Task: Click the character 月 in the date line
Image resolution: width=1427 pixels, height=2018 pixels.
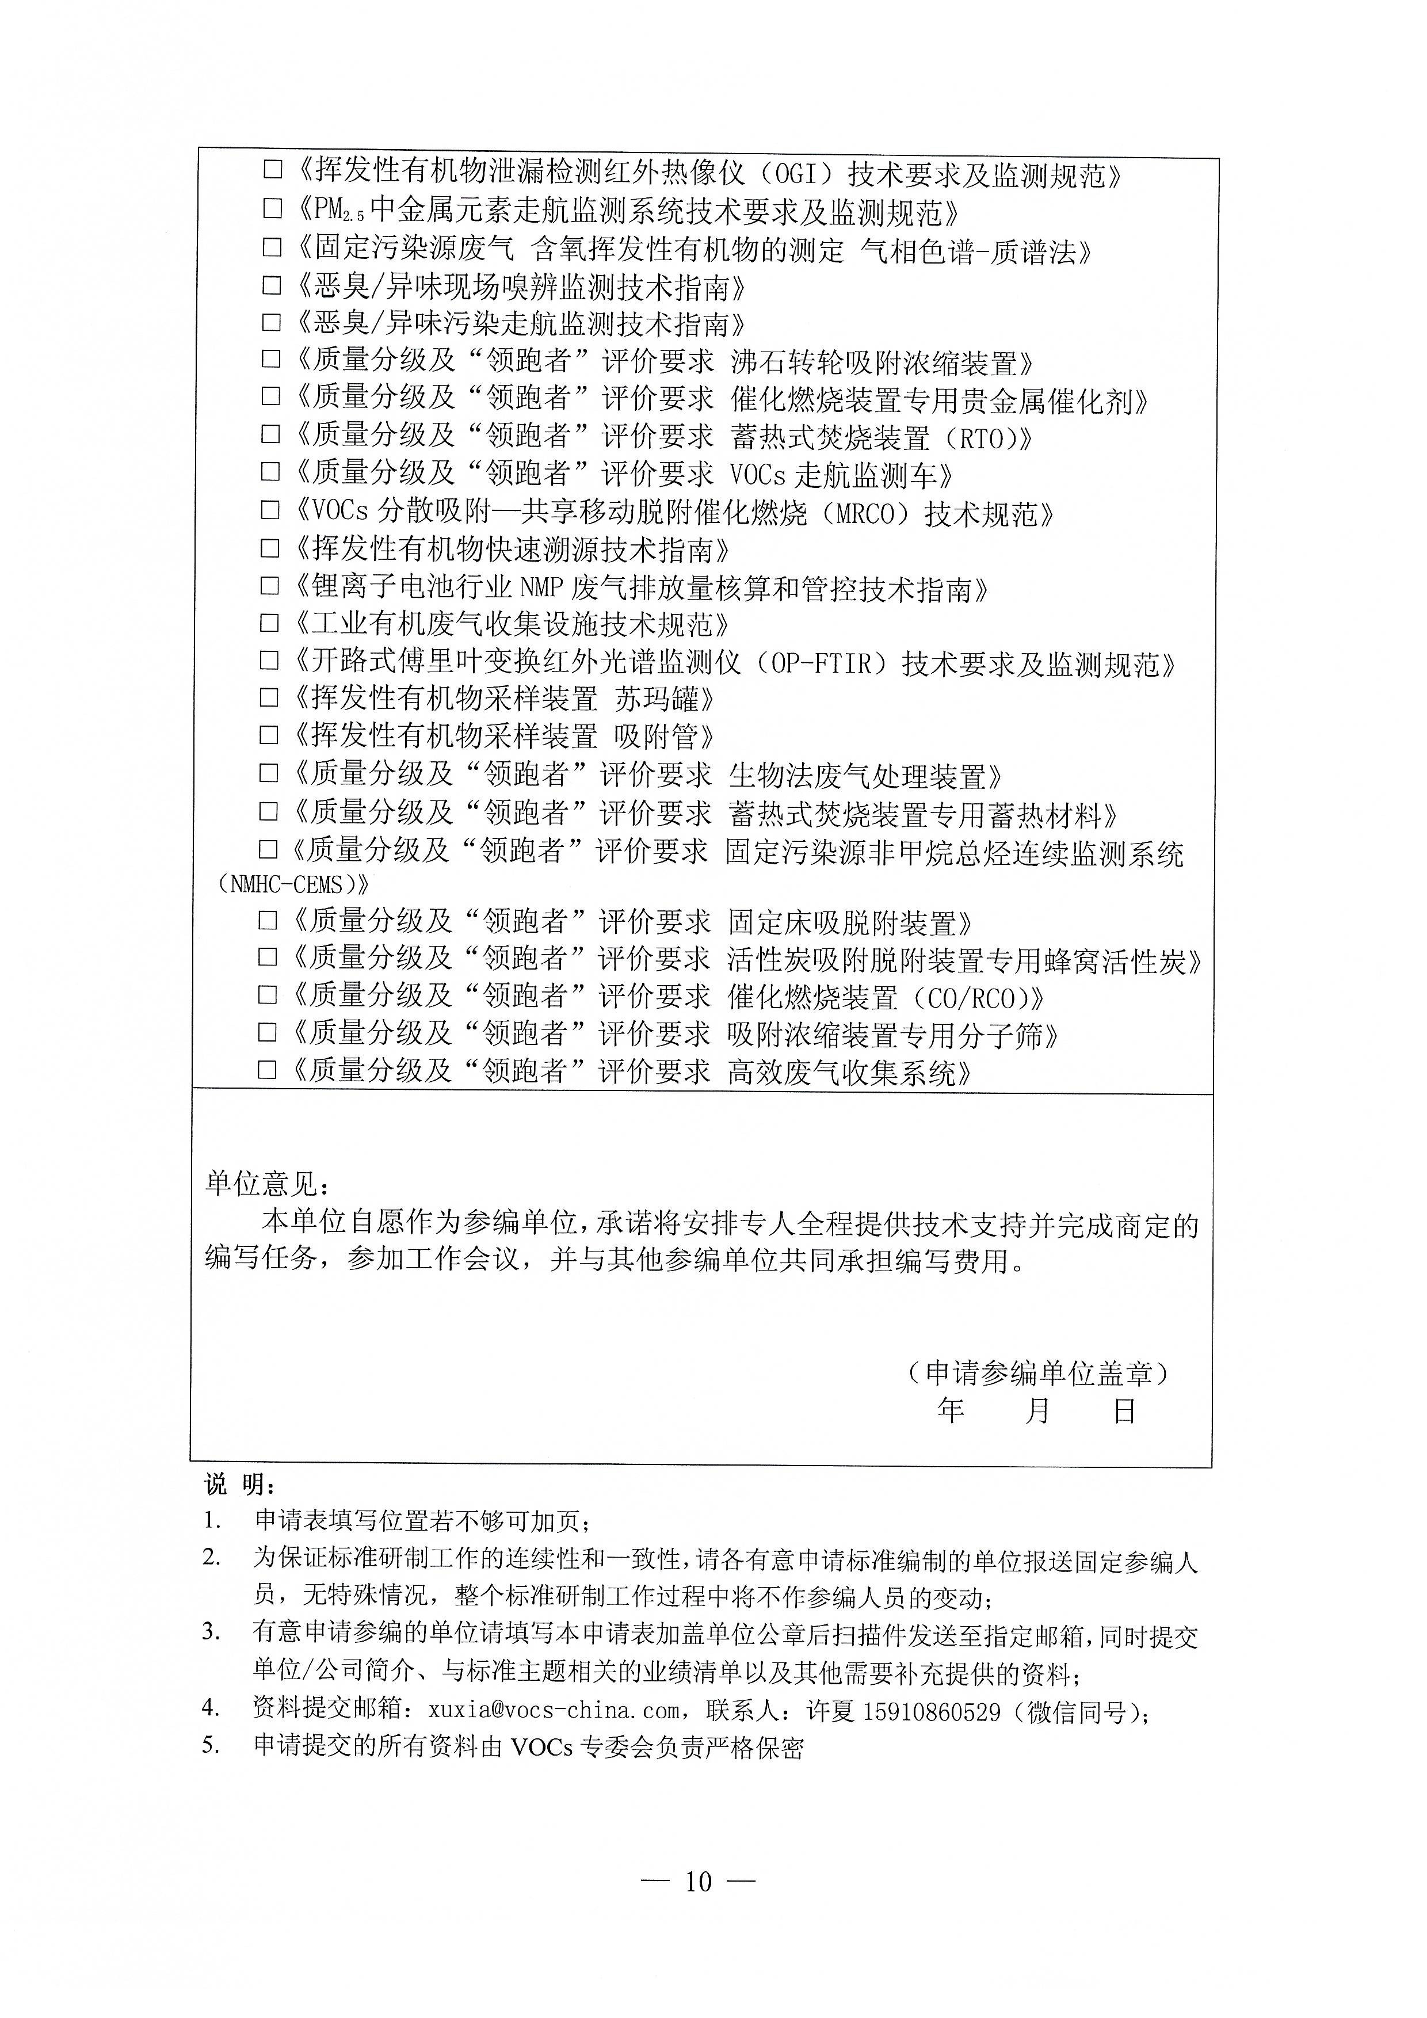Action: pyautogui.click(x=1037, y=1412)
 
